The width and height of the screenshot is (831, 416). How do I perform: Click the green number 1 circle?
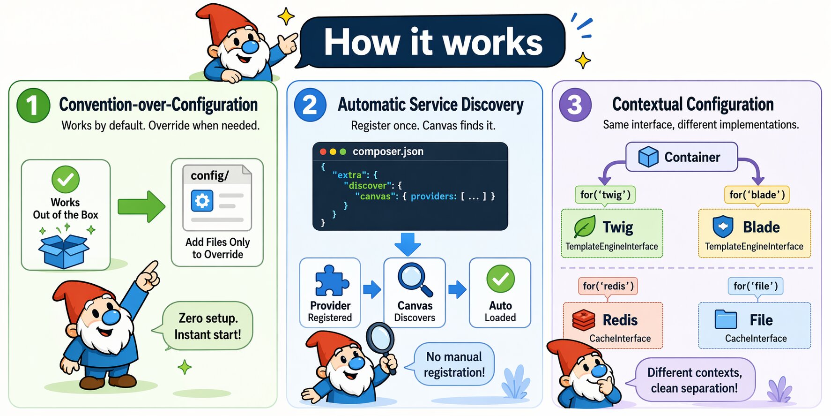33,105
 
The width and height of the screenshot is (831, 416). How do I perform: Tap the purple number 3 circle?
575,105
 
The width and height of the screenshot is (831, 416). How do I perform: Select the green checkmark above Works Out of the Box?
65,179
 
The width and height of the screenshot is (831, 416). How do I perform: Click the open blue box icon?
64,250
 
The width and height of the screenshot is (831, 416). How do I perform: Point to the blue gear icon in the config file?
202,201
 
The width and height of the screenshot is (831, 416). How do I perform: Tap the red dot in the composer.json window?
323,152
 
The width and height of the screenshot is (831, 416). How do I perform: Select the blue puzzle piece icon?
331,282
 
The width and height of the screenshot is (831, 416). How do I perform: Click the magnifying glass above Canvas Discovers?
415,280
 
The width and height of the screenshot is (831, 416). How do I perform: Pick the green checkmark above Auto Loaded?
500,279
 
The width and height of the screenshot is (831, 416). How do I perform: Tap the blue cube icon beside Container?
648,157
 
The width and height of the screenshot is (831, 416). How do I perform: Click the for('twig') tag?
605,194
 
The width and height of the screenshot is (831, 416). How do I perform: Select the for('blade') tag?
757,194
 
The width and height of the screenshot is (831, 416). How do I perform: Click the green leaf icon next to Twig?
585,227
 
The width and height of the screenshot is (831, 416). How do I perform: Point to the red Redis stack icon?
584,320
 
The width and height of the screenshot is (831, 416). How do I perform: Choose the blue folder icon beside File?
726,320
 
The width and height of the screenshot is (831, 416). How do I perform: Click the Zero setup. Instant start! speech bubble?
208,326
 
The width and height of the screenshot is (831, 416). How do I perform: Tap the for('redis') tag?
608,286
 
